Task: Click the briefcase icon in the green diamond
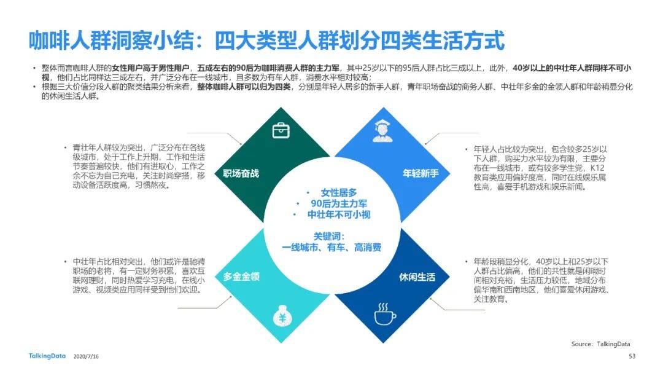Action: point(281,130)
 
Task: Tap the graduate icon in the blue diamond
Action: point(382,130)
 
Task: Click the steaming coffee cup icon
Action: point(385,314)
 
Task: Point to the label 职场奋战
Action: point(241,173)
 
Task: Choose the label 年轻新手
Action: point(421,173)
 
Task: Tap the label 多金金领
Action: point(241,277)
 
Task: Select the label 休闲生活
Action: point(417,277)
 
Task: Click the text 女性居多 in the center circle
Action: point(339,192)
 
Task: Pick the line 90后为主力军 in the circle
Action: point(339,203)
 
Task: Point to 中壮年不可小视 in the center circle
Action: point(339,214)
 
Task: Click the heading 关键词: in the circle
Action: point(329,236)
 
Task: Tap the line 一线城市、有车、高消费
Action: point(331,247)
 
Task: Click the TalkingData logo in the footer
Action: point(47,356)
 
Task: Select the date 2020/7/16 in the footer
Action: point(87,356)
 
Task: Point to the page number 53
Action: point(632,356)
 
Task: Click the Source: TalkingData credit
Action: point(601,344)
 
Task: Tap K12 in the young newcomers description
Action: point(597,168)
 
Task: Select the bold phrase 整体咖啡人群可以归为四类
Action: point(244,87)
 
